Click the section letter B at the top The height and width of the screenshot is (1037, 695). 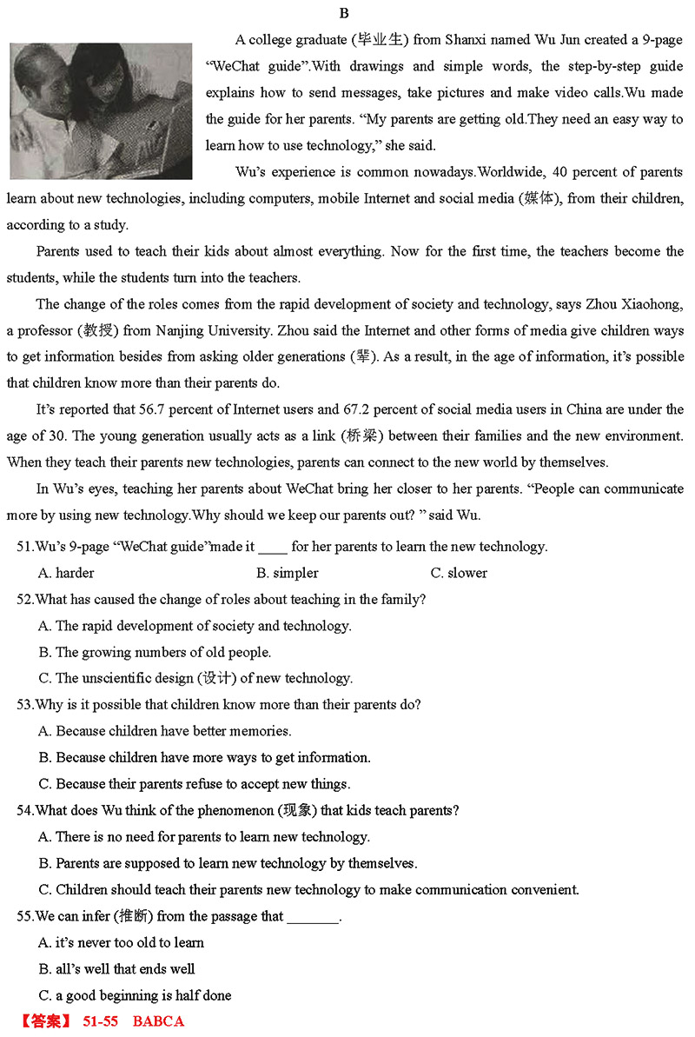(345, 13)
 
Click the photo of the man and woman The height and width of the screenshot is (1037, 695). (100, 110)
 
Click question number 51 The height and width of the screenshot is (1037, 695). (26, 547)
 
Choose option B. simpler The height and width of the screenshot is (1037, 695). (287, 573)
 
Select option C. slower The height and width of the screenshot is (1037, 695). (459, 573)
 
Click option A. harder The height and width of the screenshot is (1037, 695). (66, 573)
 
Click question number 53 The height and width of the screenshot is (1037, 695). (26, 705)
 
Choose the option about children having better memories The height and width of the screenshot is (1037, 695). (165, 731)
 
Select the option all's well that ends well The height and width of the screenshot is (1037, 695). (116, 968)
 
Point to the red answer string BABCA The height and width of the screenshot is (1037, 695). (158, 1021)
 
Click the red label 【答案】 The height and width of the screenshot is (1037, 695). (45, 1021)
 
